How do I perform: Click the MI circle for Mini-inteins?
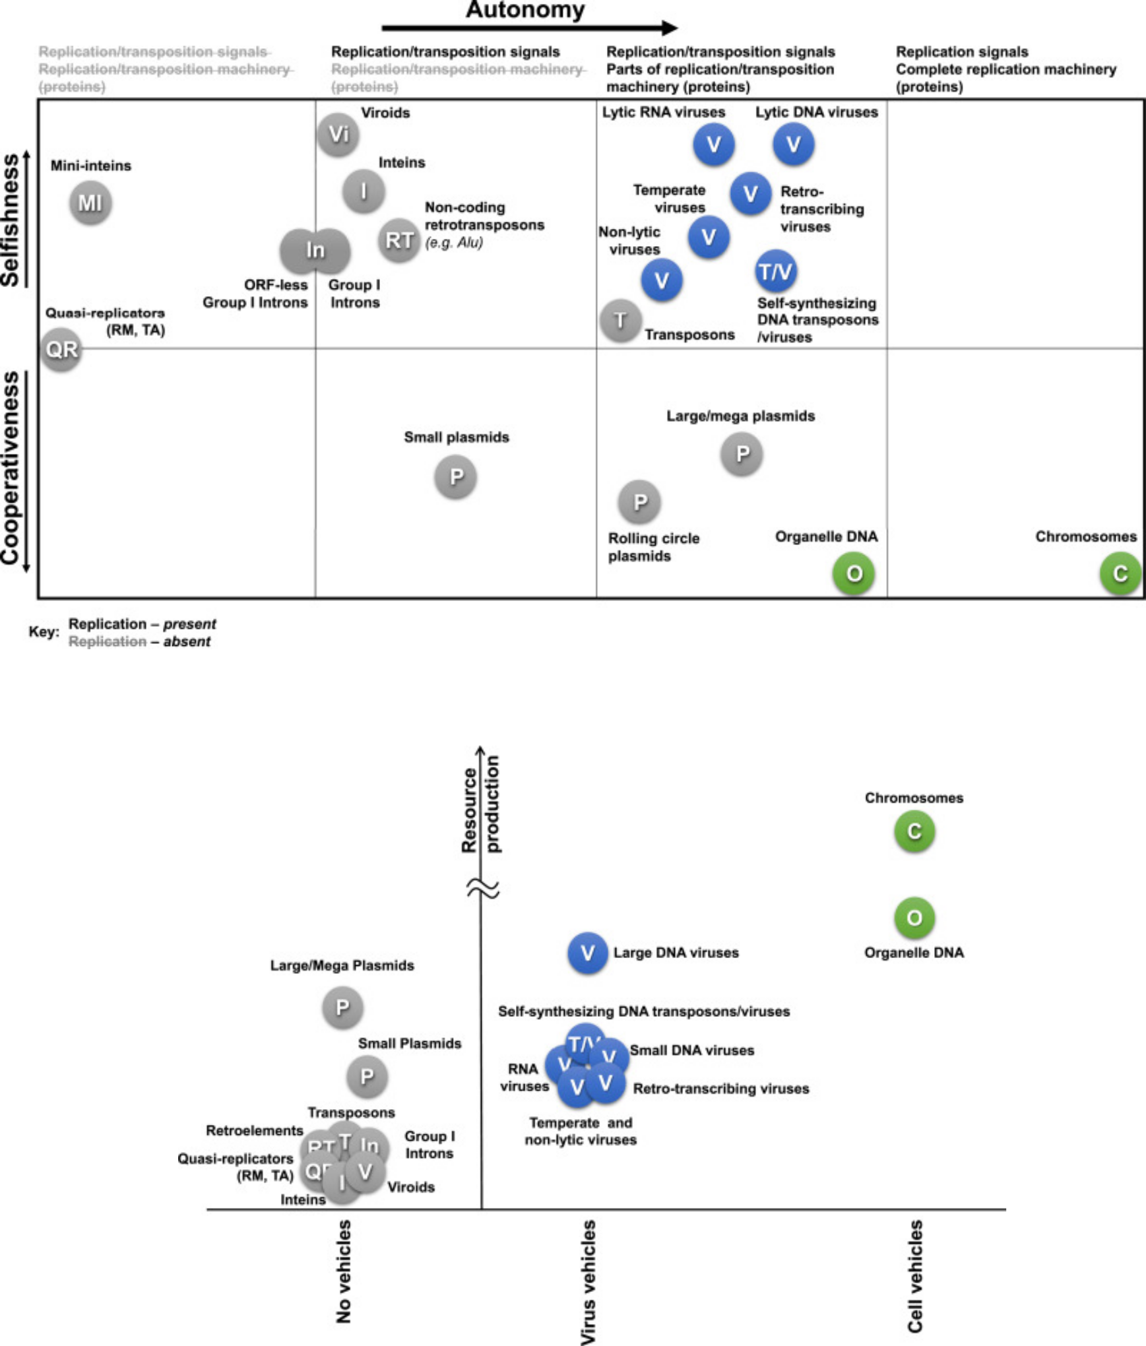pyautogui.click(x=90, y=203)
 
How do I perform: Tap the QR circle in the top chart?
pyautogui.click(x=61, y=349)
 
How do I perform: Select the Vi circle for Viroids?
pyautogui.click(x=338, y=135)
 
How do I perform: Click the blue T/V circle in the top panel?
pyautogui.click(x=775, y=271)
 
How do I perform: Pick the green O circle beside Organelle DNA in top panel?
pyautogui.click(x=854, y=573)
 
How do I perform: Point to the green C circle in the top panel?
pyautogui.click(x=1120, y=573)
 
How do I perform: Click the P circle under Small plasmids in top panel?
pyautogui.click(x=456, y=476)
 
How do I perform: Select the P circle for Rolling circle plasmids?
pyautogui.click(x=639, y=502)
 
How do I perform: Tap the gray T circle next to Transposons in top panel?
pyautogui.click(x=620, y=321)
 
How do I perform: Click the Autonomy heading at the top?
pyautogui.click(x=525, y=11)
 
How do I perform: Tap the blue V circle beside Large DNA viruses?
pyautogui.click(x=587, y=953)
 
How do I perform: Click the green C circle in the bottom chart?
pyautogui.click(x=914, y=831)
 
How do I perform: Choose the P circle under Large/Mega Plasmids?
pyautogui.click(x=342, y=1008)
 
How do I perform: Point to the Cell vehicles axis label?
pyautogui.click(x=915, y=1276)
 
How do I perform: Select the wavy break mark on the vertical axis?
pyautogui.click(x=482, y=888)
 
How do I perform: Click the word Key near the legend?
pyautogui.click(x=44, y=632)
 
